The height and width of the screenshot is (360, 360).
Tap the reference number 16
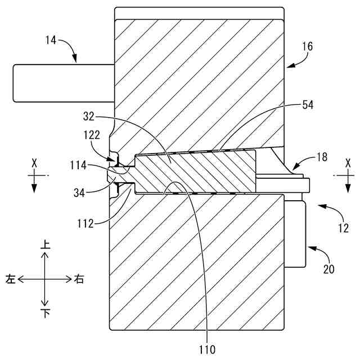307,48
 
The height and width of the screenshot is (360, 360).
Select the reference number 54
307,105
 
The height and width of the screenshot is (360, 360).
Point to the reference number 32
89,118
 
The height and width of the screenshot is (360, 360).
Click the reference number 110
206,349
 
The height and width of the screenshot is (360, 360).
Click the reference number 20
329,269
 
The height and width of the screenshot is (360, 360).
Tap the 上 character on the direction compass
46,245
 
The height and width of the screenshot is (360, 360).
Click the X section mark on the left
34,163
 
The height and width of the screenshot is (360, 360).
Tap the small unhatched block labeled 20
295,232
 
